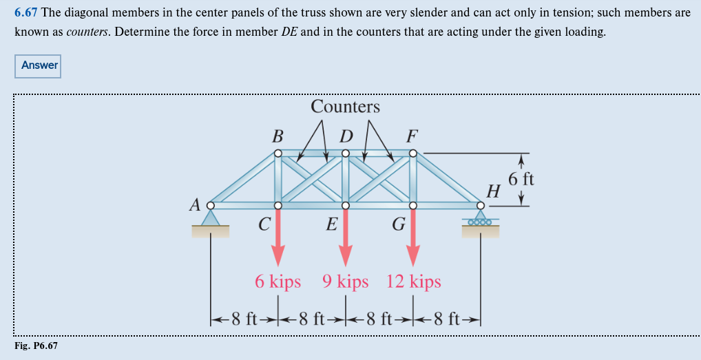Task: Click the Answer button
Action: (39, 65)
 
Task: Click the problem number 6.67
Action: (27, 14)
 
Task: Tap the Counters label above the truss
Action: (345, 107)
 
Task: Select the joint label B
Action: (278, 134)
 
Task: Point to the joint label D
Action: (346, 134)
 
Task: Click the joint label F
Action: (412, 134)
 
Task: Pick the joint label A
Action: (196, 204)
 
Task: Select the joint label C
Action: (264, 224)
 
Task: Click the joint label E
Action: (331, 224)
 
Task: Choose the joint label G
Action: (398, 224)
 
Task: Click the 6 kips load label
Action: (278, 282)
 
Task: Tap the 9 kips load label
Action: (345, 282)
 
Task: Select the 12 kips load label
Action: (413, 282)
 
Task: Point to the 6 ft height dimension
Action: (521, 180)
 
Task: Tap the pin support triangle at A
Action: (211, 218)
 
